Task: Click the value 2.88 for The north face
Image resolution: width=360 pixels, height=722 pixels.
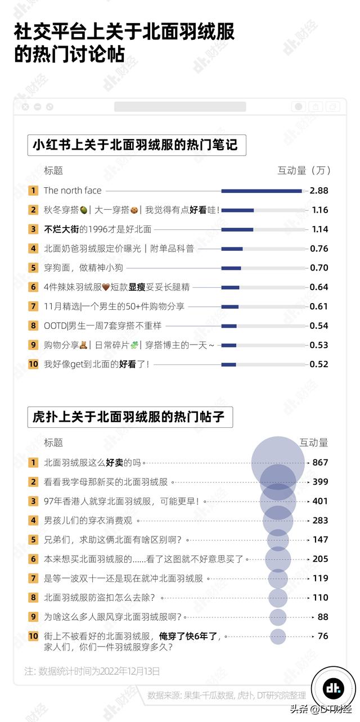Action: pos(319,191)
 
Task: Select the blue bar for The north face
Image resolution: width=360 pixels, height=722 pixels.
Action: pos(262,191)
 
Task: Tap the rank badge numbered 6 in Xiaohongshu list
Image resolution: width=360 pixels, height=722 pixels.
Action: pos(33,287)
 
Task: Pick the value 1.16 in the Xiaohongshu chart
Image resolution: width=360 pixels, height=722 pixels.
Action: pos(319,210)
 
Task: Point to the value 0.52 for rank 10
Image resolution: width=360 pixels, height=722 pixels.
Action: pos(319,364)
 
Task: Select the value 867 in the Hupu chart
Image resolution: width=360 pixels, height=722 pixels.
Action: pos(321,463)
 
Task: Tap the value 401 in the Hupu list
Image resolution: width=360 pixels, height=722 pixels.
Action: pos(321,501)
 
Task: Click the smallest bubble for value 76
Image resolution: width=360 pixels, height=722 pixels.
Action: pos(278,636)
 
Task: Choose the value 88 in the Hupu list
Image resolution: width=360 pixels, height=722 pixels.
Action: pos(323,617)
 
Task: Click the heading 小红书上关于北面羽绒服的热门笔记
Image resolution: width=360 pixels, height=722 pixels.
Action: pos(136,145)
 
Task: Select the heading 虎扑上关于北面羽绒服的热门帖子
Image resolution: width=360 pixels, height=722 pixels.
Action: pos(129,417)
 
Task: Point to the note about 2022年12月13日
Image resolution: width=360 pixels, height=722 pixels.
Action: pos(92,671)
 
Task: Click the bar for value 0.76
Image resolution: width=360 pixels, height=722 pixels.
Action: pos(232,249)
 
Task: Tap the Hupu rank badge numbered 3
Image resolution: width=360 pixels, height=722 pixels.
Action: pos(33,501)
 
